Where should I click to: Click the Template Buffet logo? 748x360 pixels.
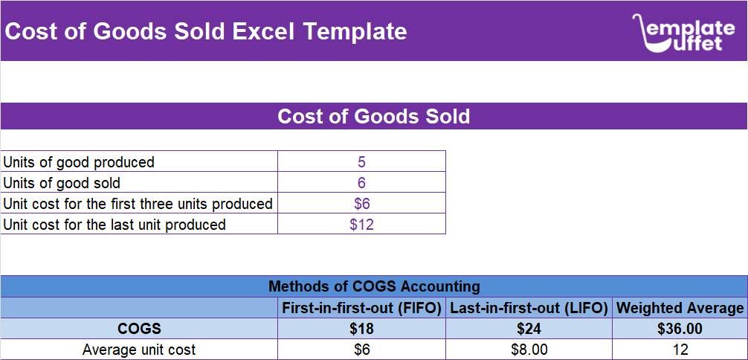[683, 33]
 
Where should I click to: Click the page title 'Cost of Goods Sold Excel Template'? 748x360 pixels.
[207, 32]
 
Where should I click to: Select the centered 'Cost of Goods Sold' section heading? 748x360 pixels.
[373, 117]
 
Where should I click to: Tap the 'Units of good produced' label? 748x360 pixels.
[80, 162]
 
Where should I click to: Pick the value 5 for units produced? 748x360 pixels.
[361, 162]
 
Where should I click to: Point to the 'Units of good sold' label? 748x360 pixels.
[62, 183]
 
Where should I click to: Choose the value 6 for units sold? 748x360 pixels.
[361, 183]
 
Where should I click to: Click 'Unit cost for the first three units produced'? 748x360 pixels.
[138, 204]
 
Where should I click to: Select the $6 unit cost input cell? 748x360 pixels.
[361, 204]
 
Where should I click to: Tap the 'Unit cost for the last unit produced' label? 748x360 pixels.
[115, 225]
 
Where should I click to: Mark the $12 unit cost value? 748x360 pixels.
[361, 225]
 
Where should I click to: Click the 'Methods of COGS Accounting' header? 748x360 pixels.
[374, 286]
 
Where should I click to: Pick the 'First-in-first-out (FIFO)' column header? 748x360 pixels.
[361, 308]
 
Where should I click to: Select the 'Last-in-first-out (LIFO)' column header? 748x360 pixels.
[529, 308]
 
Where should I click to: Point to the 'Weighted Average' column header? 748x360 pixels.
[680, 308]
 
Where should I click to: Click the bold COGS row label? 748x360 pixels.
[139, 329]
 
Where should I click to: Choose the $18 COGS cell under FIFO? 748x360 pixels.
[361, 329]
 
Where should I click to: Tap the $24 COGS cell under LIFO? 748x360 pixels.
[529, 329]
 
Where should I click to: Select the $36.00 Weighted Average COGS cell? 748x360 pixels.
[680, 329]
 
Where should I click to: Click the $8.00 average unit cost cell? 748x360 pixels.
[529, 350]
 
